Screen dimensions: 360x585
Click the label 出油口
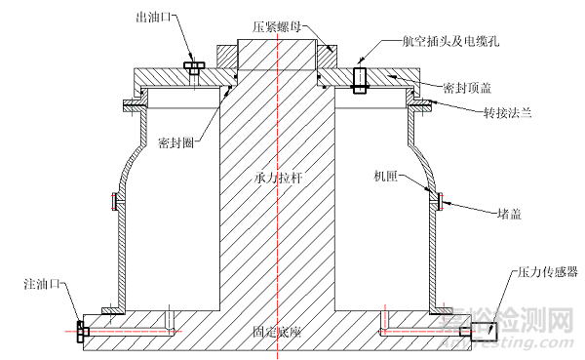click(156, 17)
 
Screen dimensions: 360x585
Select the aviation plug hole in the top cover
click(360, 78)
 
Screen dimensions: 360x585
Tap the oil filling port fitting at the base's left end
click(81, 331)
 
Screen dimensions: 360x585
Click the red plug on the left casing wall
click(114, 203)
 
